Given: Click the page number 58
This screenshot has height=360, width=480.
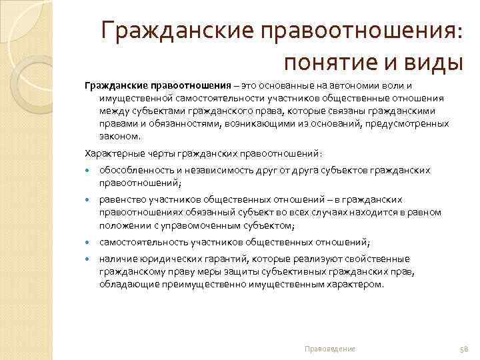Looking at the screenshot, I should point(465,349).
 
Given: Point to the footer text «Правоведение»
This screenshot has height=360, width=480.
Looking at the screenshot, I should point(329,349).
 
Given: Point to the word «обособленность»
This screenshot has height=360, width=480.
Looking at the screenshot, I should point(133,171).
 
